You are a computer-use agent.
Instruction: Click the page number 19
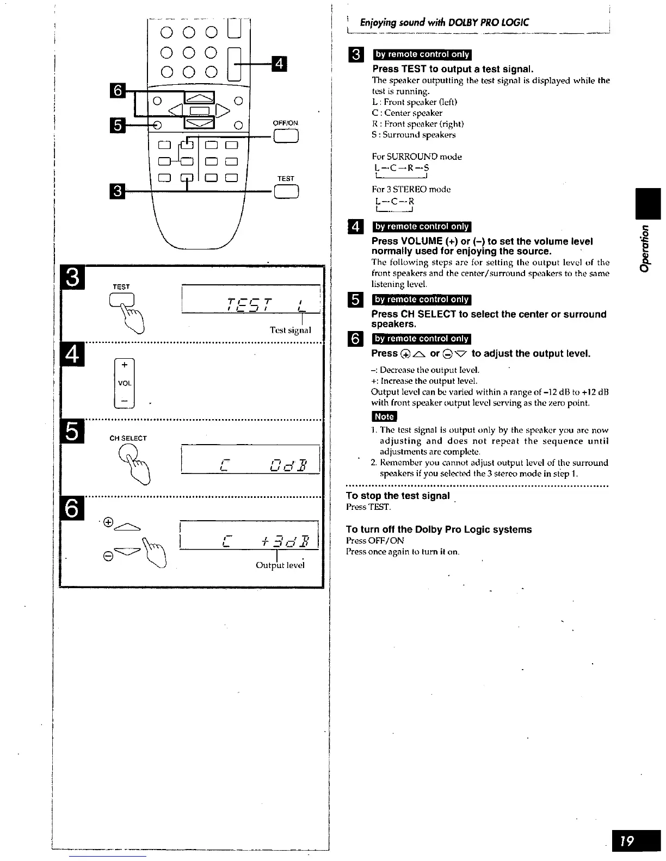pyautogui.click(x=635, y=841)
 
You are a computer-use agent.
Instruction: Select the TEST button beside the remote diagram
pyautogui.click(x=286, y=191)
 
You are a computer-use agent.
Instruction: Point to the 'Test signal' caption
pyautogui.click(x=290, y=330)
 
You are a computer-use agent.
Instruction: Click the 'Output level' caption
pyautogui.click(x=280, y=565)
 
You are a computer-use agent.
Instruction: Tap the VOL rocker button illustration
pyautogui.click(x=125, y=383)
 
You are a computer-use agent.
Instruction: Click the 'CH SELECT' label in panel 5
pyautogui.click(x=128, y=438)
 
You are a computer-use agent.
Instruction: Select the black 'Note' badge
pyautogui.click(x=384, y=417)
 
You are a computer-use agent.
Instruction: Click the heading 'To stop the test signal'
pyautogui.click(x=398, y=496)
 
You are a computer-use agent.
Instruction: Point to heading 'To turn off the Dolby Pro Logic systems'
pyautogui.click(x=439, y=529)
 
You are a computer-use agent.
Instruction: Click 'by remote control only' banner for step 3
pyautogui.click(x=422, y=54)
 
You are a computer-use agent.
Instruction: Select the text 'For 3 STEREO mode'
pyautogui.click(x=411, y=189)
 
